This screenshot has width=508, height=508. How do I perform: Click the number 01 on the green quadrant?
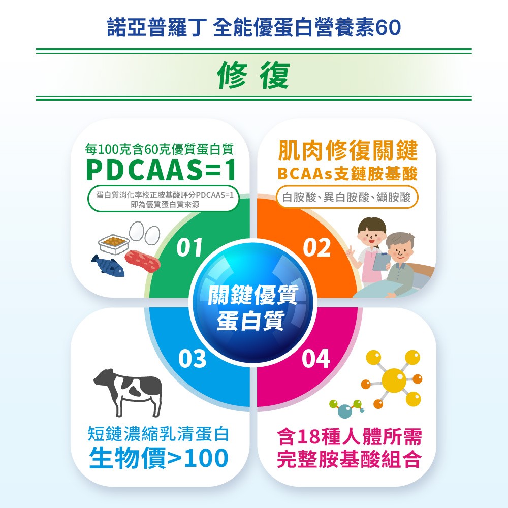(189, 247)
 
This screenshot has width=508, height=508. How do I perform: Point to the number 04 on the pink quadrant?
(315, 359)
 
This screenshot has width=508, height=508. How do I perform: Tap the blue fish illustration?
(108, 265)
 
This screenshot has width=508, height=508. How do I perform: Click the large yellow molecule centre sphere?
(394, 378)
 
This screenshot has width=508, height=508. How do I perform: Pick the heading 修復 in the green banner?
(253, 76)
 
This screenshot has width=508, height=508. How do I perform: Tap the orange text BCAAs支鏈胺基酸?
(347, 174)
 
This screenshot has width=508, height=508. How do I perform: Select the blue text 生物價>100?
(158, 459)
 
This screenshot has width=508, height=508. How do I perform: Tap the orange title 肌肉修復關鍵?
(347, 150)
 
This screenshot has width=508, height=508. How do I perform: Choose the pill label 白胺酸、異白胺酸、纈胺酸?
(347, 197)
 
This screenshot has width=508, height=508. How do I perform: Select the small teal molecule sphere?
(344, 411)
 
